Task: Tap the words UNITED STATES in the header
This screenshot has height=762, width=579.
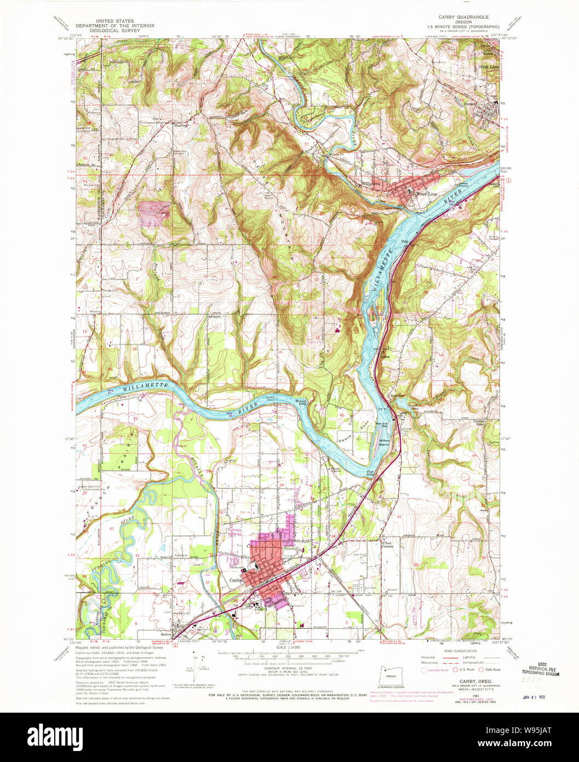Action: coord(115,20)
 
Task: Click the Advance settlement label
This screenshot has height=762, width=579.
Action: coord(215,316)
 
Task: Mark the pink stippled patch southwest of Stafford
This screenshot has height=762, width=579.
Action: coord(154,213)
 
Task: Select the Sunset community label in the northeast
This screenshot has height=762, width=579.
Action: coord(471,103)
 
